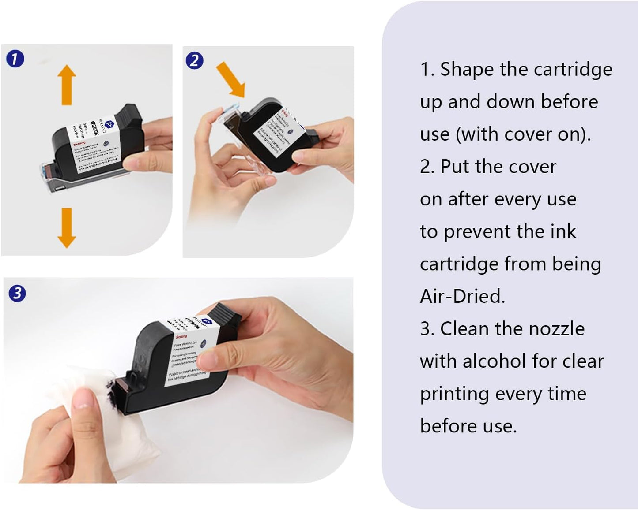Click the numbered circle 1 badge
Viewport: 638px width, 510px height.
pos(15,59)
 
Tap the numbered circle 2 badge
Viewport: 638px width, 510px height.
pos(194,60)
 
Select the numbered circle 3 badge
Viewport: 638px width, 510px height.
pos(17,293)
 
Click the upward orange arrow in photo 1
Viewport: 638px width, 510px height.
pos(67,85)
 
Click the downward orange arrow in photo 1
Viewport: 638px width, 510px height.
pos(67,227)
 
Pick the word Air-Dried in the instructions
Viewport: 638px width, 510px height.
pos(462,296)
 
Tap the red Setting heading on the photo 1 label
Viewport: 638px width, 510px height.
pos(80,143)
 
